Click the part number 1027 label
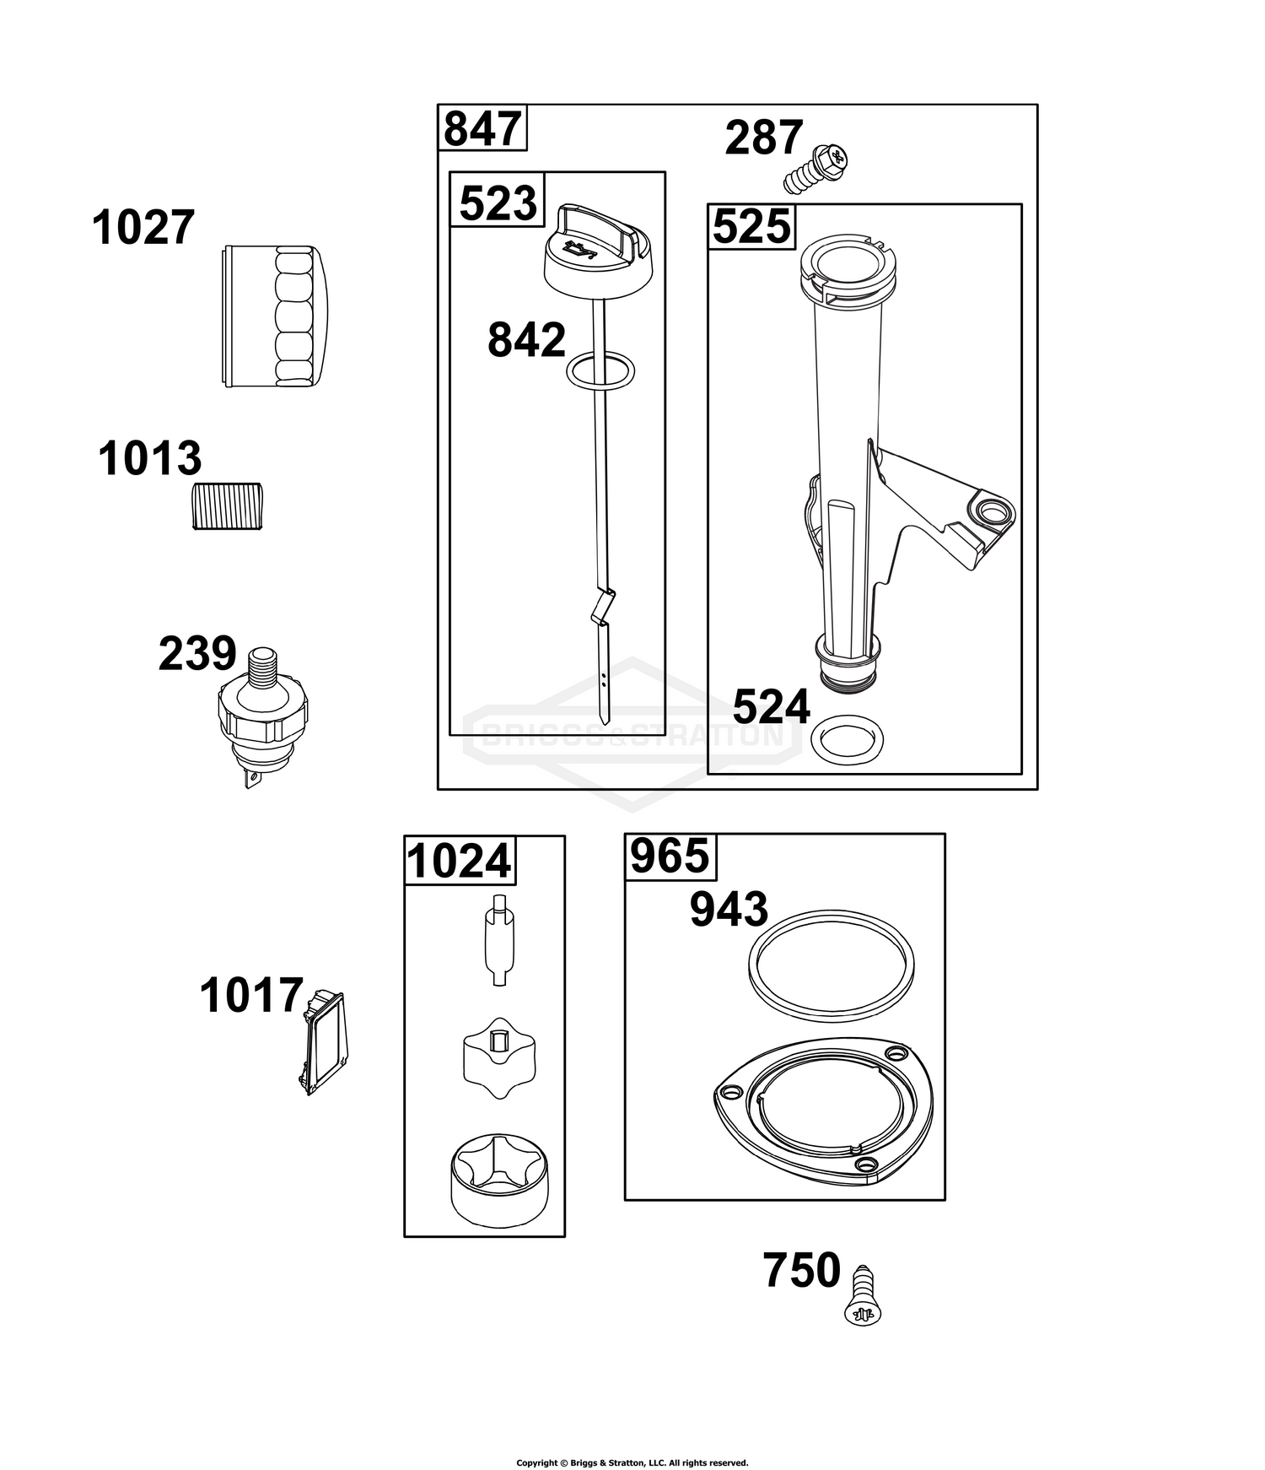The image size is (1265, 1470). [143, 228]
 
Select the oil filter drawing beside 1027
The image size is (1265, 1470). [276, 316]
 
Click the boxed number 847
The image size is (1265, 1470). [482, 129]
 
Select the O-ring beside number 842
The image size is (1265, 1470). [600, 372]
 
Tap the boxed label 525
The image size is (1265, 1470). [751, 226]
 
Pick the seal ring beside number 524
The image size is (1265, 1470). [848, 738]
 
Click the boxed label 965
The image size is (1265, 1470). [670, 857]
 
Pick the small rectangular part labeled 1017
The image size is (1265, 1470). [321, 1041]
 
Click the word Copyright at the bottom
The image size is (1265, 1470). [536, 1439]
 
